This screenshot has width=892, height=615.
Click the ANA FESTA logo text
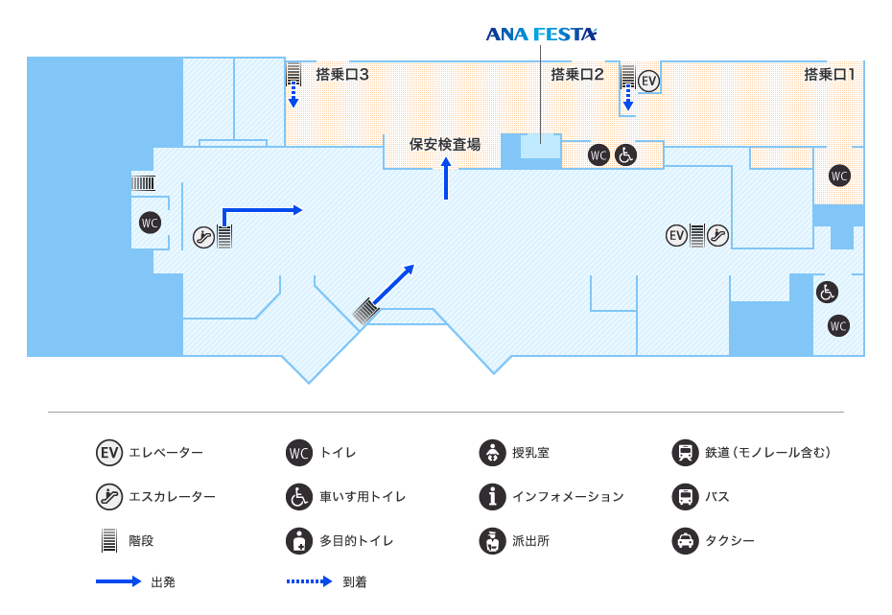pyautogui.click(x=541, y=35)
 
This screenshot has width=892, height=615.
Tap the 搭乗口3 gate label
pyautogui.click(x=342, y=74)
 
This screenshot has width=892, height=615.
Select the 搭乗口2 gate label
pyautogui.click(x=576, y=74)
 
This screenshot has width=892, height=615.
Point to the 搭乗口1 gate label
pyautogui.click(x=830, y=74)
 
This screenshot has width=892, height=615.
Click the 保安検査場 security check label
pyautogui.click(x=445, y=145)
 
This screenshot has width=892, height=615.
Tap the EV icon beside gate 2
pyautogui.click(x=649, y=81)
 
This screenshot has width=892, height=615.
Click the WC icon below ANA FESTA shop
pyautogui.click(x=599, y=154)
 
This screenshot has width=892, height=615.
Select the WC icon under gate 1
pyautogui.click(x=839, y=176)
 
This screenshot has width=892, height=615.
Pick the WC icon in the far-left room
pyautogui.click(x=150, y=223)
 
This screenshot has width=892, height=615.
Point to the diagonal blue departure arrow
pyautogui.click(x=393, y=285)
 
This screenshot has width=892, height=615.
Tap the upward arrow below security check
pyautogui.click(x=446, y=179)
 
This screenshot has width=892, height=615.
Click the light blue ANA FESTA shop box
pyautogui.click(x=540, y=147)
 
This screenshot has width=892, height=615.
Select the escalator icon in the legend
pyautogui.click(x=109, y=497)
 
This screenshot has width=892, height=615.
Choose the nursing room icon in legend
pyautogui.click(x=492, y=453)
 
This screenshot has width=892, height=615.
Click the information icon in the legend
pyautogui.click(x=492, y=497)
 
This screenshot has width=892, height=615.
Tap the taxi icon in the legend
pyautogui.click(x=685, y=541)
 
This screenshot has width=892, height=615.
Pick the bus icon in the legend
pyautogui.click(x=685, y=497)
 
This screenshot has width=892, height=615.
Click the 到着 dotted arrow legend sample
pyautogui.click(x=308, y=582)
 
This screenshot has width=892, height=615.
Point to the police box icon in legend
pyautogui.click(x=492, y=541)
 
